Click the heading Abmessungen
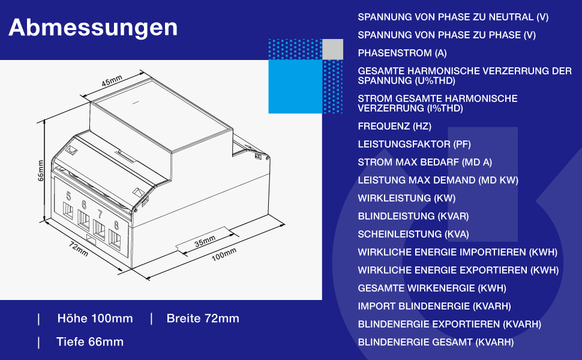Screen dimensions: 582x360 point(93,28)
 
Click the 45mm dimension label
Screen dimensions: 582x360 point(112,82)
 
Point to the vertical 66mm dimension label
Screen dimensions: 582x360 point(41,170)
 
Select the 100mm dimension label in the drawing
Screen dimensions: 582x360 point(224,254)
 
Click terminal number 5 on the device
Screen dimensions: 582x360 point(68,196)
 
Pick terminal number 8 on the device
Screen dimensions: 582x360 point(116,226)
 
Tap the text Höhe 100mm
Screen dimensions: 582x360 point(95,319)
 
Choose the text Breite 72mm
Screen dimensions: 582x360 point(203,319)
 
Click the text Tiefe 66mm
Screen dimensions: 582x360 point(90,342)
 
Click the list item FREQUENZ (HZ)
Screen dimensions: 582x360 point(394,127)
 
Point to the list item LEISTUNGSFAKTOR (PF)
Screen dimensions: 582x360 point(414,145)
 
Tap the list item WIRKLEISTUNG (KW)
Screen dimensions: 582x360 point(407,199)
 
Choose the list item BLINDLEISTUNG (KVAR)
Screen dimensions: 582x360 point(413,217)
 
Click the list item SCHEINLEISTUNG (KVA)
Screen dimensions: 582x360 point(413,235)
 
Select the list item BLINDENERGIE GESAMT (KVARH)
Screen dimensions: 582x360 point(436,343)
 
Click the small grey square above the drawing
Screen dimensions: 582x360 point(332,49)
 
